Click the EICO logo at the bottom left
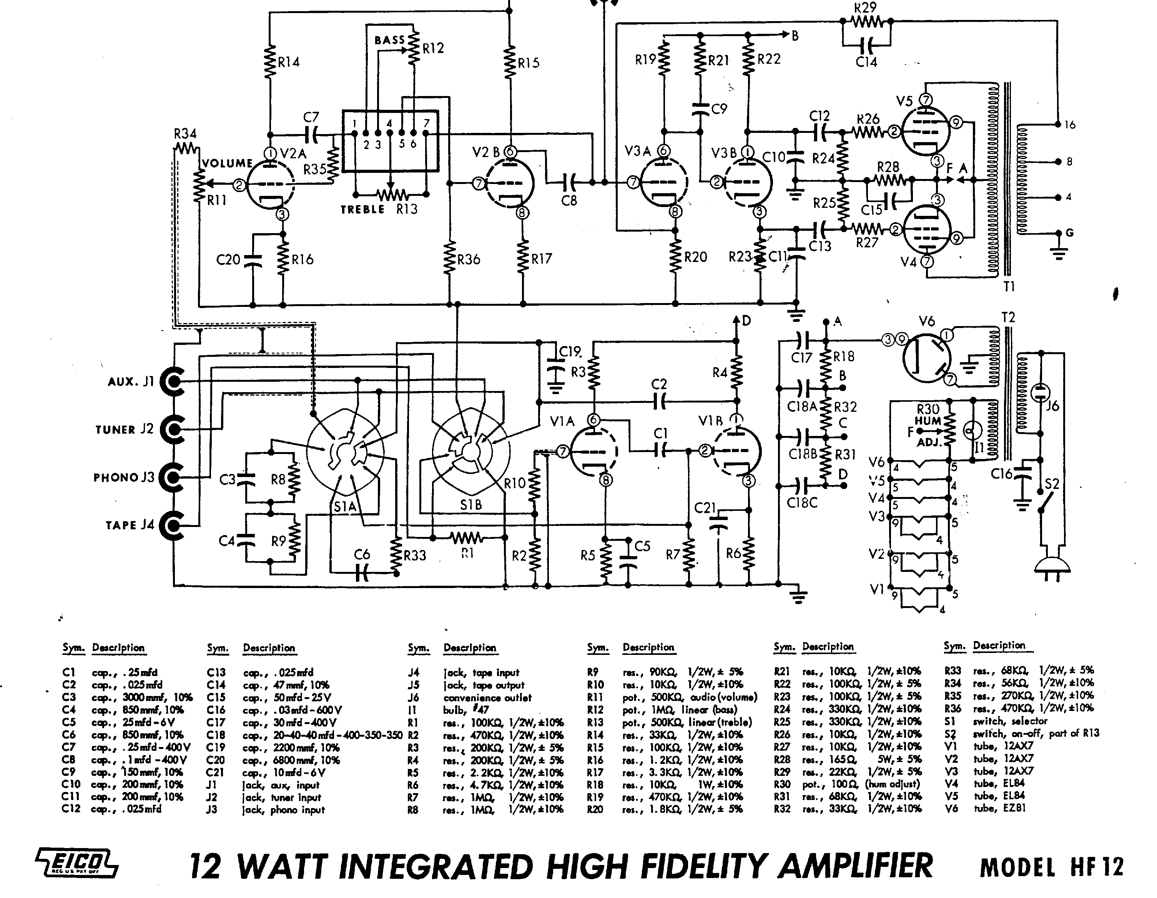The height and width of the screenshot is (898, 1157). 77,864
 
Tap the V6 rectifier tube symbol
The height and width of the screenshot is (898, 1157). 926,358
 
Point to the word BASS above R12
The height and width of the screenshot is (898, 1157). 389,40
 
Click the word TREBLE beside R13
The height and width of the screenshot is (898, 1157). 362,209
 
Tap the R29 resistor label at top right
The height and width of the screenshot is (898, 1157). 865,7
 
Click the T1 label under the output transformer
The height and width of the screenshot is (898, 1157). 1009,287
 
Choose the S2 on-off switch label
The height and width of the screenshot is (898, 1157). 1052,484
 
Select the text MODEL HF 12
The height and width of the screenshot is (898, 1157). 1052,867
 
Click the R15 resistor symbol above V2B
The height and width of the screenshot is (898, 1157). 510,63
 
